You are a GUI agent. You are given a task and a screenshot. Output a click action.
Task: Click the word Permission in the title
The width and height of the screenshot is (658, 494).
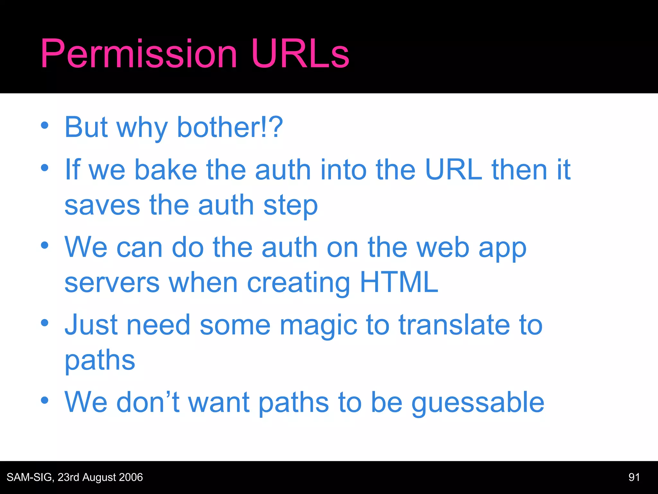coord(139,54)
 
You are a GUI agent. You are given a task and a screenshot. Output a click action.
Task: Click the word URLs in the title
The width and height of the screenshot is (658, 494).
coord(300,54)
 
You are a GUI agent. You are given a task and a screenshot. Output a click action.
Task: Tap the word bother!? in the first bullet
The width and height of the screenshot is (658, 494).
coord(230,127)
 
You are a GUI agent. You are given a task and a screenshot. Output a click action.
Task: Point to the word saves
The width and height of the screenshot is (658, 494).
coord(102,206)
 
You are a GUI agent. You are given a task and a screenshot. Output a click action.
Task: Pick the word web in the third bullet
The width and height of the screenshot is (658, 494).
coord(443,248)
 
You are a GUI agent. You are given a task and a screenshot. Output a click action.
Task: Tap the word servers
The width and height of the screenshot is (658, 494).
coord(112,283)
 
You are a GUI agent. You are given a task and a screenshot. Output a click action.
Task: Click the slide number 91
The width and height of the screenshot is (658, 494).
coord(634,477)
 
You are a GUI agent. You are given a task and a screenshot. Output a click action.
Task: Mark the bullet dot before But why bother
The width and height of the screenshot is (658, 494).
coord(45,126)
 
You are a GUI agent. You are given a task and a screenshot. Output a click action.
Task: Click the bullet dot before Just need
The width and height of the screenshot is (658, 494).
coord(45,323)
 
